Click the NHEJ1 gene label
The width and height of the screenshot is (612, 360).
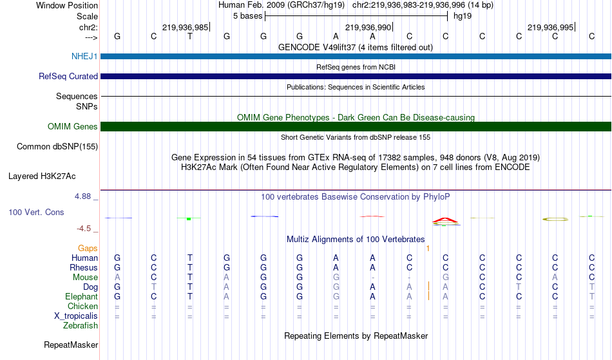[84, 56]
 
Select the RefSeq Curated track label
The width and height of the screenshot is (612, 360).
[68, 76]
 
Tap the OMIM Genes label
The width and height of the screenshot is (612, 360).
[73, 126]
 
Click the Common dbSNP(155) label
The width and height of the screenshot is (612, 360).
[57, 147]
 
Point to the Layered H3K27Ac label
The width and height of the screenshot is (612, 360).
[42, 176]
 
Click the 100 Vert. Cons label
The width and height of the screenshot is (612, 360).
[36, 212]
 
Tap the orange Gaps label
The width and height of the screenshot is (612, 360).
[88, 249]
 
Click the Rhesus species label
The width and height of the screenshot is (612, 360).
[84, 267]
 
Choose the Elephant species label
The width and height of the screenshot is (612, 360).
[82, 297]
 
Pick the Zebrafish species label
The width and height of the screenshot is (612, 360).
[81, 326]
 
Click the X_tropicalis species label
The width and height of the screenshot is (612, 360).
[76, 316]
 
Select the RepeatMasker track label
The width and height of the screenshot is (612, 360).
[71, 345]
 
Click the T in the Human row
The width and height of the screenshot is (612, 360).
[190, 258]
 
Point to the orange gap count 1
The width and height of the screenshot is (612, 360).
[428, 249]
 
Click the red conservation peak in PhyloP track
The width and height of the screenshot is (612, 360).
[445, 221]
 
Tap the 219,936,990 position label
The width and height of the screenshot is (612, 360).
[368, 27]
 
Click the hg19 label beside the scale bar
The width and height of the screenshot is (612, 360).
[463, 16]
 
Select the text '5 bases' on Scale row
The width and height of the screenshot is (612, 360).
[248, 16]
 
